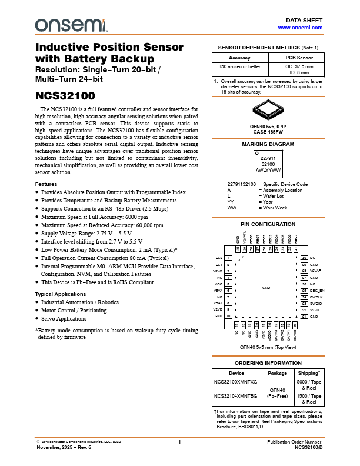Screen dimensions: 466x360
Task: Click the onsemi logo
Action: (71, 25)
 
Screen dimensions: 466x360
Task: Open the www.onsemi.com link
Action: (300, 28)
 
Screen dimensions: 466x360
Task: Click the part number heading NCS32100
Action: (65, 96)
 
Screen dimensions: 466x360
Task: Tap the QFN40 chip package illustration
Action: (268, 108)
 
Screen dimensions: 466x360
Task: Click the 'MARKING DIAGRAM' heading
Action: (268, 144)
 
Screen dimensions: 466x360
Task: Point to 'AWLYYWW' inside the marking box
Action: (268, 170)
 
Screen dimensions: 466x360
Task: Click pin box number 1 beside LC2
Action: (228, 258)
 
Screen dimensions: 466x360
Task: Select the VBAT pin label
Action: (219, 303)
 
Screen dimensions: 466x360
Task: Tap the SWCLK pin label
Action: (316, 297)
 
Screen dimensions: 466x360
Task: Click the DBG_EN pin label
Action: (317, 291)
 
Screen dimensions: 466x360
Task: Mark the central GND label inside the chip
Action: (266, 287)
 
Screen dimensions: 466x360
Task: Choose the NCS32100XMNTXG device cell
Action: (235, 382)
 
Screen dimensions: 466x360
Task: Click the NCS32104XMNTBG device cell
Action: (235, 397)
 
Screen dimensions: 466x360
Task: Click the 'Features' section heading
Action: (46, 184)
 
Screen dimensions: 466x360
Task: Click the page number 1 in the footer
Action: (179, 441)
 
